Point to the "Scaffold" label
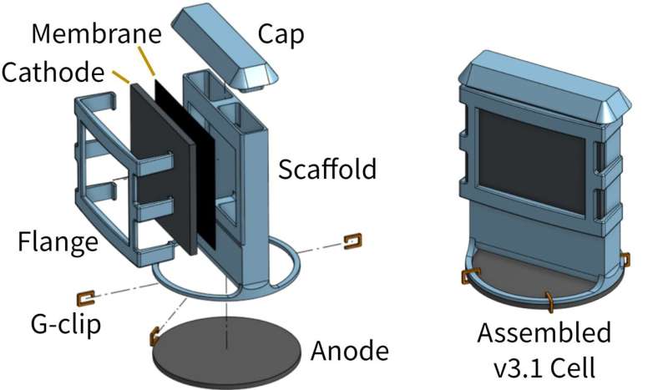pos(327,170)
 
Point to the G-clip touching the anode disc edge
pos(154,337)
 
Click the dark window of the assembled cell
pos(531,159)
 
